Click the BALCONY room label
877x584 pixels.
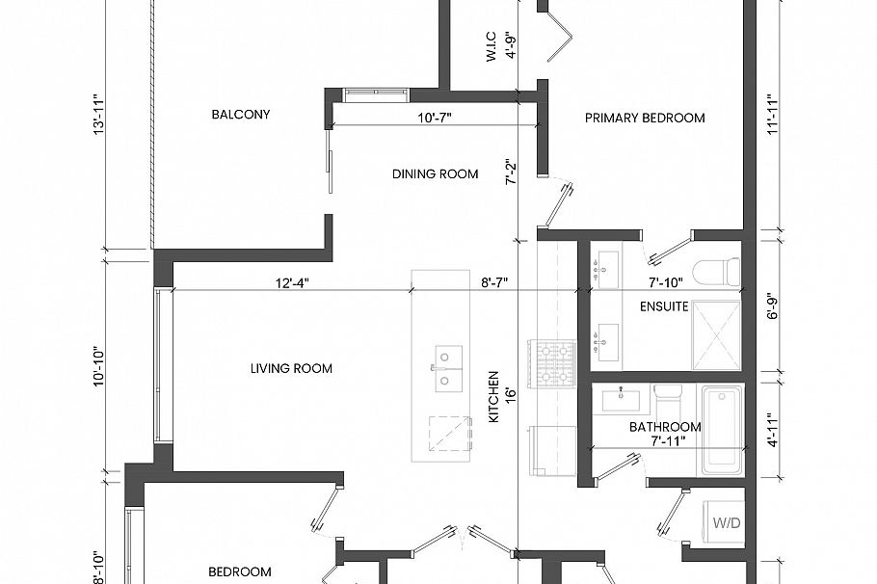(240, 115)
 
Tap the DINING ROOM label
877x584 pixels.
(435, 174)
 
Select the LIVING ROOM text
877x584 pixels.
(291, 368)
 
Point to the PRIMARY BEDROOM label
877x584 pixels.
(645, 119)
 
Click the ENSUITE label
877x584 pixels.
(664, 307)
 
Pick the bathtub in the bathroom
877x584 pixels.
(722, 430)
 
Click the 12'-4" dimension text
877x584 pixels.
(290, 282)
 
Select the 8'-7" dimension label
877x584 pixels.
(494, 282)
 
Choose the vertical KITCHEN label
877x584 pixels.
(492, 398)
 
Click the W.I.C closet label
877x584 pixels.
(491, 45)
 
